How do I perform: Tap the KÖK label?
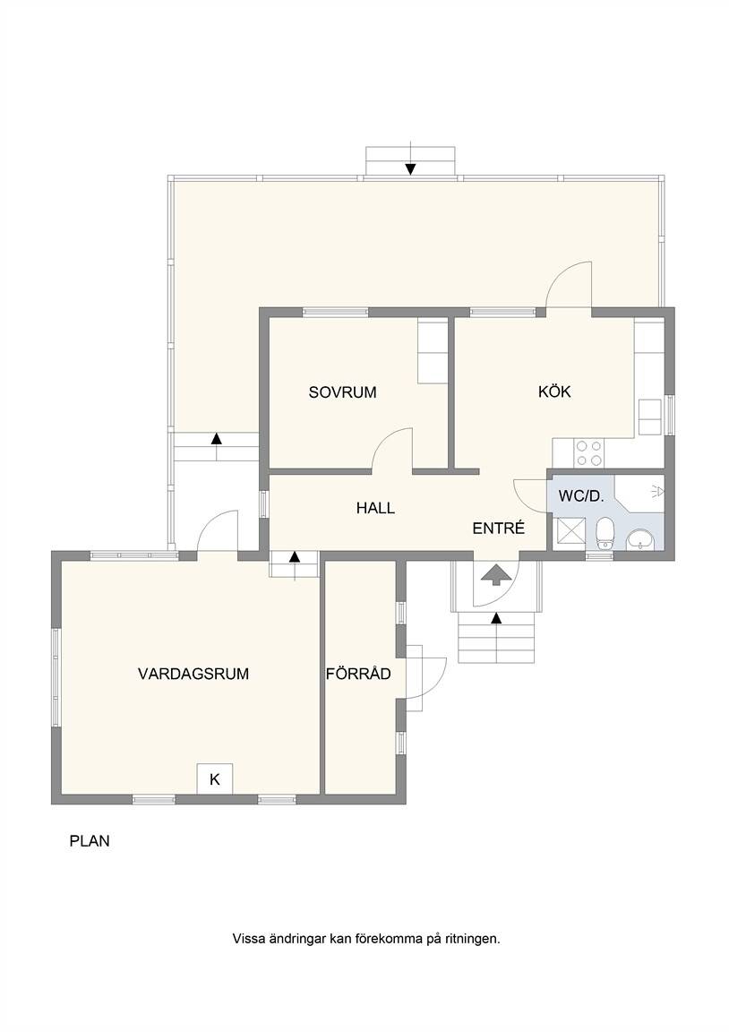coord(554,391)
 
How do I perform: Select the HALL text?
coord(375,508)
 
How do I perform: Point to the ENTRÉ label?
coord(499,528)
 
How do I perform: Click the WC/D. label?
coord(580,497)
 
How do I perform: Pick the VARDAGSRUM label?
coord(193,674)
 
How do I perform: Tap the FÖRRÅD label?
coord(358,674)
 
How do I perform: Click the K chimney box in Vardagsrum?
coord(214,779)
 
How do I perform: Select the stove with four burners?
coord(589,452)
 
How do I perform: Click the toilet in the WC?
coord(604,532)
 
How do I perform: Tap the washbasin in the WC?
coord(639,539)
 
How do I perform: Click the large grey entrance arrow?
coord(496,574)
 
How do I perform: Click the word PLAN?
coord(90,841)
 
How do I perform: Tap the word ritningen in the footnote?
coord(472,939)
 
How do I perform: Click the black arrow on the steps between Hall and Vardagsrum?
coord(294,557)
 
